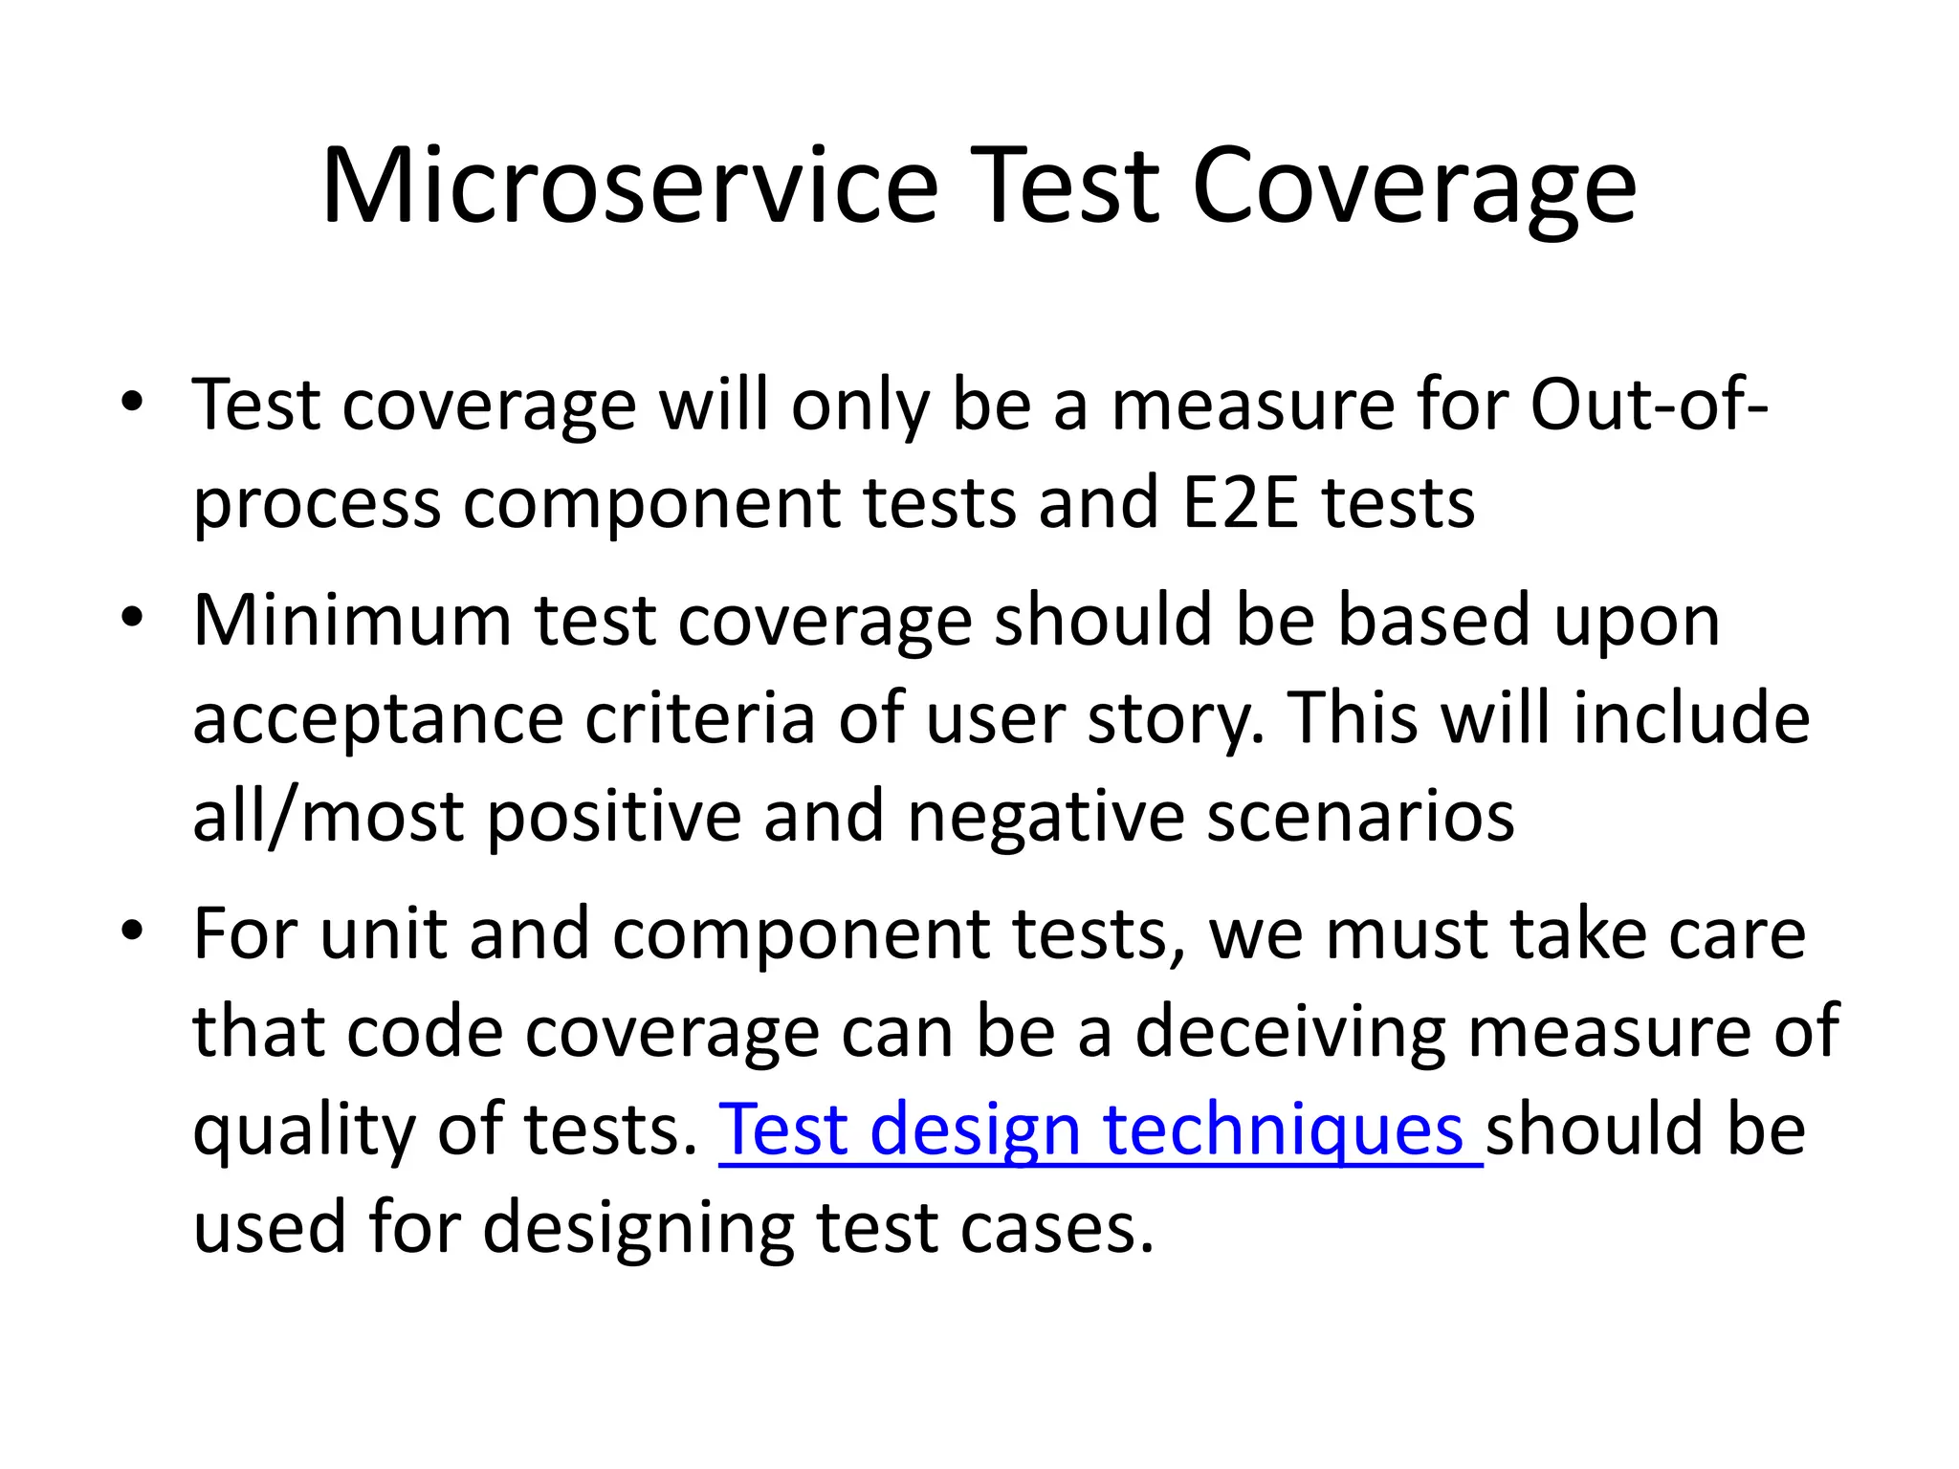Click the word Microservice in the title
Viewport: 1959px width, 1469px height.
(629, 186)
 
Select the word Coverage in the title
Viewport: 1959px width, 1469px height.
(1414, 186)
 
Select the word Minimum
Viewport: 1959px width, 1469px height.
(352, 620)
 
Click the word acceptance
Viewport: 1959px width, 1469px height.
(378, 719)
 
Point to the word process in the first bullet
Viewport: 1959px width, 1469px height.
(317, 504)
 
